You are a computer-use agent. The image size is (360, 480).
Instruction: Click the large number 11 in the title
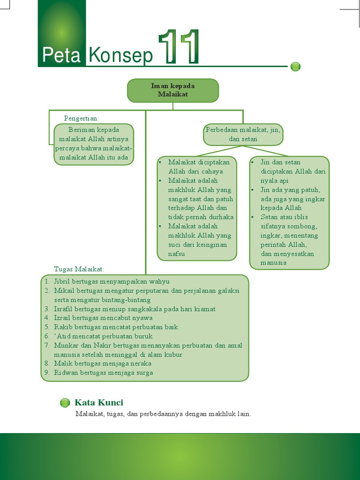click(179, 47)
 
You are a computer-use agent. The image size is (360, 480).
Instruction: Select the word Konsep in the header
click(121, 56)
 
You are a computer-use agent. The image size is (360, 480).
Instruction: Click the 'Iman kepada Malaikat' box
click(173, 90)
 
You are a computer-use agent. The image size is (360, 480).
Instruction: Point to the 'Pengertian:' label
click(81, 118)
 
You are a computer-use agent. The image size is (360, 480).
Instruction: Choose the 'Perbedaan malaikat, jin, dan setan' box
click(243, 135)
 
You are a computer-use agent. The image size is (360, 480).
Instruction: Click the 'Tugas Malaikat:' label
click(79, 269)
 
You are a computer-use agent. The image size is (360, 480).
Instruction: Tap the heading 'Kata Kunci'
click(99, 403)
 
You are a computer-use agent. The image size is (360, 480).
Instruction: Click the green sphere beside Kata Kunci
click(65, 403)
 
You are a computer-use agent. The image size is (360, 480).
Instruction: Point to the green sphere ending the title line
click(295, 67)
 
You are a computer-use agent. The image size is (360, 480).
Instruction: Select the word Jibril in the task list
click(62, 282)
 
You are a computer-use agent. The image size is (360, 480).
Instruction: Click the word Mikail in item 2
click(64, 291)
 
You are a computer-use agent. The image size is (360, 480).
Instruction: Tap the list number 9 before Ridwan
click(47, 373)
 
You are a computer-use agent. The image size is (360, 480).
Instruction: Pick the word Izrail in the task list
click(62, 318)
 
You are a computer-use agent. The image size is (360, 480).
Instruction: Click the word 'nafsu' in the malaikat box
click(176, 254)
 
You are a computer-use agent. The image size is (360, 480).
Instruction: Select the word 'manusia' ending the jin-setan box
click(273, 263)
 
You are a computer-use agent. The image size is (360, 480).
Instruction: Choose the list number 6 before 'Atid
click(47, 336)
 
